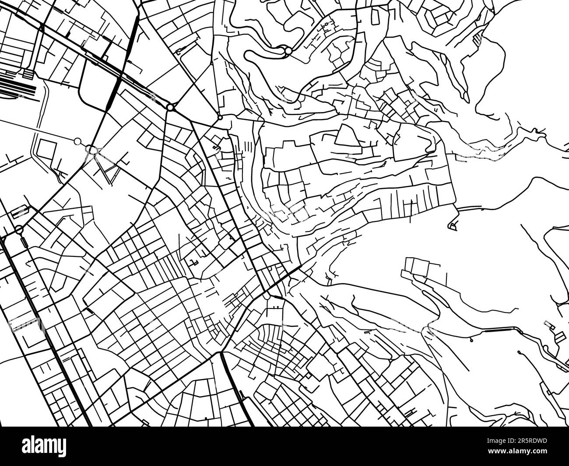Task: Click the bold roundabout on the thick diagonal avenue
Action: click(170, 107)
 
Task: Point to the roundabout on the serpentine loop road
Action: click(288, 52)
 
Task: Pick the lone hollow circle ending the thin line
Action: click(78, 141)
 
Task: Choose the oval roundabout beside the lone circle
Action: click(92, 150)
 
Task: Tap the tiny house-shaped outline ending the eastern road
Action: click(453, 226)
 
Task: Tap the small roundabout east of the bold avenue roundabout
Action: click(220, 118)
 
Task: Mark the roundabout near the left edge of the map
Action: click(19, 229)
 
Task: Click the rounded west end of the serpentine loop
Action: click(248, 56)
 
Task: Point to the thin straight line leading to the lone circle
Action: click(39, 130)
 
